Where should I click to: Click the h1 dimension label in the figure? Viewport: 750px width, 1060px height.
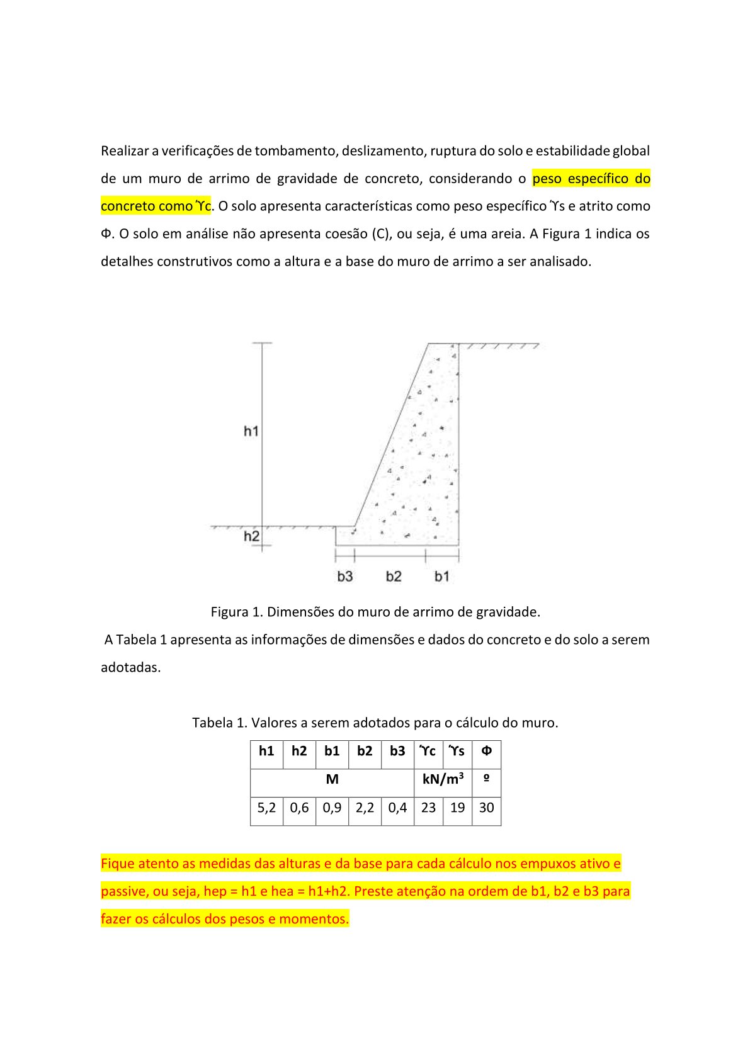[x=251, y=431]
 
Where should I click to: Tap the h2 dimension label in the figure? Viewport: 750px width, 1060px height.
[x=251, y=536]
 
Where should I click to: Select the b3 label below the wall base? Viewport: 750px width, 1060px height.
[x=345, y=576]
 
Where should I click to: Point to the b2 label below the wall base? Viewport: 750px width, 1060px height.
[x=394, y=576]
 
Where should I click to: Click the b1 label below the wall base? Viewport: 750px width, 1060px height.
[x=442, y=576]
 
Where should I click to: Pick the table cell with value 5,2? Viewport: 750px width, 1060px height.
[x=266, y=808]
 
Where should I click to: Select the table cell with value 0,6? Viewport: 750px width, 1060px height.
[x=299, y=808]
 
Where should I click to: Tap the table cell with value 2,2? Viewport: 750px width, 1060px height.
[x=365, y=808]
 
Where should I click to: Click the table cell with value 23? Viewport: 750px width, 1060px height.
[x=428, y=808]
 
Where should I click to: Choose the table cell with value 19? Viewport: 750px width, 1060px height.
[x=458, y=808]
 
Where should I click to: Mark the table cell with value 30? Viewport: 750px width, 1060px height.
[x=486, y=808]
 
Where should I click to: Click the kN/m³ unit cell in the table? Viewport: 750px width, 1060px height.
[x=443, y=779]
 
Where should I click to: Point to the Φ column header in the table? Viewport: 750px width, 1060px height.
[x=486, y=751]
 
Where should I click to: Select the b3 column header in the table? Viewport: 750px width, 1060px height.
[x=397, y=751]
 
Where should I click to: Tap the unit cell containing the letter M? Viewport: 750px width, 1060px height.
[x=332, y=779]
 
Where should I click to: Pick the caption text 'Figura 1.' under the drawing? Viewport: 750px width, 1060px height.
[x=237, y=612]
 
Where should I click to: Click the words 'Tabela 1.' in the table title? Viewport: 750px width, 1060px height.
[x=220, y=723]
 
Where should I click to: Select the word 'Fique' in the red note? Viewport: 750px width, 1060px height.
[x=118, y=864]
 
